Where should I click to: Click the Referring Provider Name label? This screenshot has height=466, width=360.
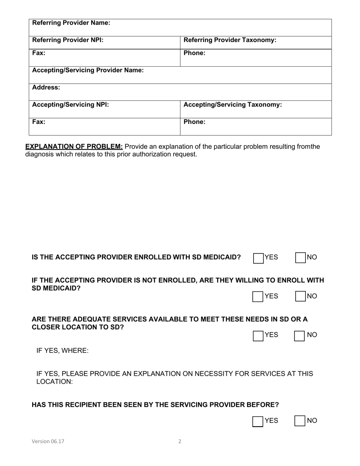[71, 23]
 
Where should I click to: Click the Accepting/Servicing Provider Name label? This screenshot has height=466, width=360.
[88, 70]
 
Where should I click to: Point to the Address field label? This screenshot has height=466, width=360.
[46, 88]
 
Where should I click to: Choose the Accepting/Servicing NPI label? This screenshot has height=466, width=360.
[70, 105]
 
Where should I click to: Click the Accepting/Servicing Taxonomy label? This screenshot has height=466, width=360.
[232, 105]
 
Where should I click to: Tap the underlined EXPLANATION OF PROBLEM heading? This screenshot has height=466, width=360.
[74, 147]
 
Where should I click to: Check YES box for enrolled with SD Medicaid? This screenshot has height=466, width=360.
[258, 258]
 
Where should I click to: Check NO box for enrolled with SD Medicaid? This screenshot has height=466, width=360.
[301, 258]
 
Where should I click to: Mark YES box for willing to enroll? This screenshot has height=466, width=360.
[258, 297]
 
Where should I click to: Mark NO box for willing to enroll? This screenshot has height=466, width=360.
[301, 297]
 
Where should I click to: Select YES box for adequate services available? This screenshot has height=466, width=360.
[258, 336]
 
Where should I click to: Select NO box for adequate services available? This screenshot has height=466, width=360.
[300, 336]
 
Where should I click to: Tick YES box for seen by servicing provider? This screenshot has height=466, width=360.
[258, 421]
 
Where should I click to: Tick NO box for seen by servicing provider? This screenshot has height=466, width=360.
[300, 421]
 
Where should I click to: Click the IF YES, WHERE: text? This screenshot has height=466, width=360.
[63, 351]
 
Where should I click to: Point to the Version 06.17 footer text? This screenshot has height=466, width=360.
[48, 441]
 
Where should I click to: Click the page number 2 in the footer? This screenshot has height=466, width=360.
[180, 441]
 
